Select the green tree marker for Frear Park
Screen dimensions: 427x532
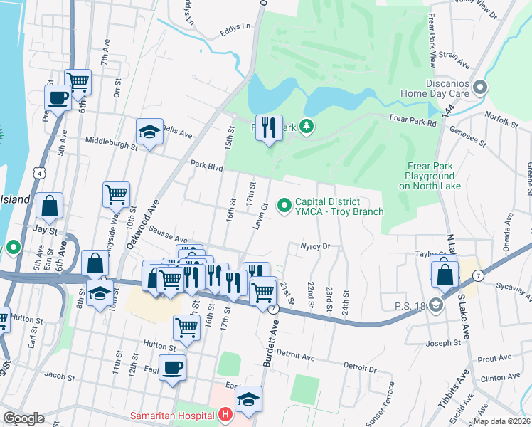(x=307, y=127)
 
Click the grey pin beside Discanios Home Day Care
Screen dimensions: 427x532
(x=480, y=88)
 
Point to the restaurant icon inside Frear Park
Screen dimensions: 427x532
(x=268, y=128)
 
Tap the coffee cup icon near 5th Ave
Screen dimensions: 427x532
(x=57, y=97)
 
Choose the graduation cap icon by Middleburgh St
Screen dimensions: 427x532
(x=149, y=132)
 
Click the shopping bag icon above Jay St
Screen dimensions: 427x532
(x=49, y=206)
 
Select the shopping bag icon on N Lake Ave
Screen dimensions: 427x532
(x=445, y=273)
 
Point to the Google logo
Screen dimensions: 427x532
(x=23, y=418)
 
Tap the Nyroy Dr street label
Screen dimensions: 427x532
(x=316, y=246)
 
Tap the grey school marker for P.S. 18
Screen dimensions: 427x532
(x=435, y=305)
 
